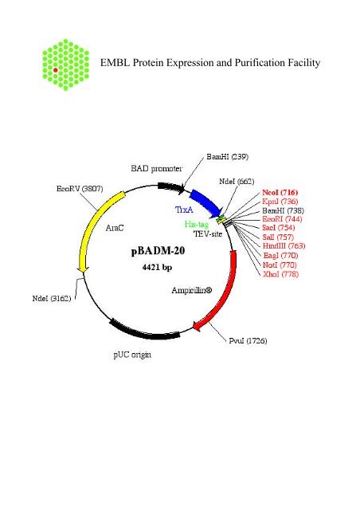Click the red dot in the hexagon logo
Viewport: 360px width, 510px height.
[56, 71]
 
